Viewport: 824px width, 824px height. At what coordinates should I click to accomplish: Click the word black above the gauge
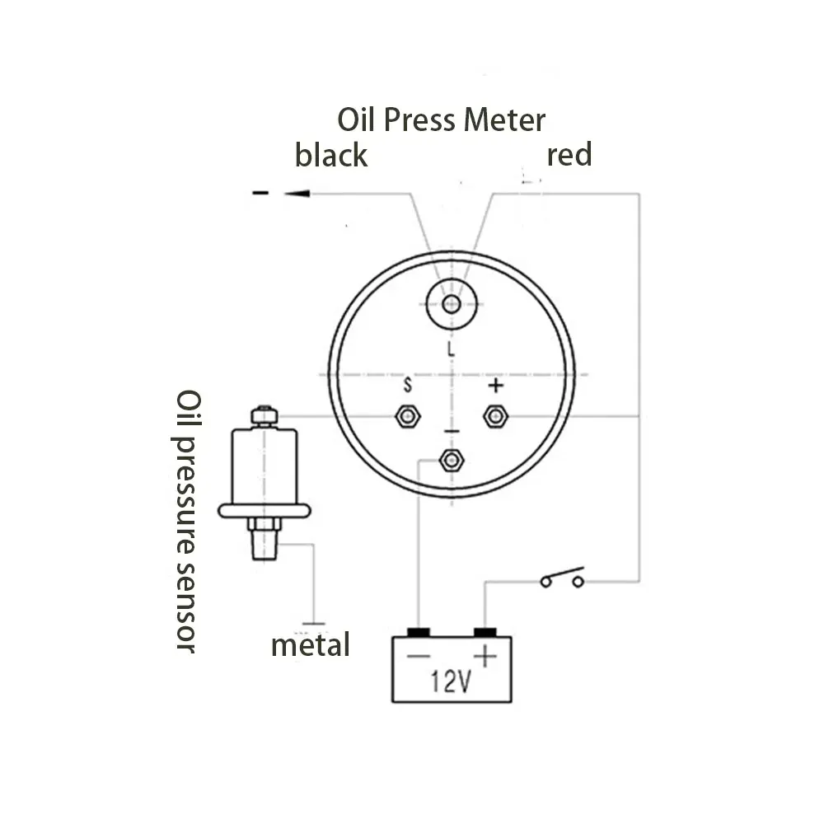(x=331, y=155)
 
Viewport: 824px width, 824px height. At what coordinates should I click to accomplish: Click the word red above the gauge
(x=569, y=154)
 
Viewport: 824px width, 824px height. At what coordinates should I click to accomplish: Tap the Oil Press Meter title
(x=442, y=120)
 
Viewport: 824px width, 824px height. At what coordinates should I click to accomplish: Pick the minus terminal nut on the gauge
(x=450, y=460)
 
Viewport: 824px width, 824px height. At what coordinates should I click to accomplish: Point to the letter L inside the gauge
(x=450, y=349)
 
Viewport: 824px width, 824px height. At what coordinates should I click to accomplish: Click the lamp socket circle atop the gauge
(x=450, y=304)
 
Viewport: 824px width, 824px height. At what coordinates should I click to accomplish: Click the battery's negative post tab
(x=419, y=632)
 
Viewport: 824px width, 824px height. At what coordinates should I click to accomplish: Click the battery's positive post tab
(x=485, y=632)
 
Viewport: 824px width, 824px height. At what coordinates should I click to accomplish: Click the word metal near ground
(x=311, y=644)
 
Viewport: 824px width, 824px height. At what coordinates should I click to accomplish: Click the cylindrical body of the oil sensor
(x=263, y=466)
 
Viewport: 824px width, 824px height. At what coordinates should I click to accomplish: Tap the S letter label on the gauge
(x=407, y=385)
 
